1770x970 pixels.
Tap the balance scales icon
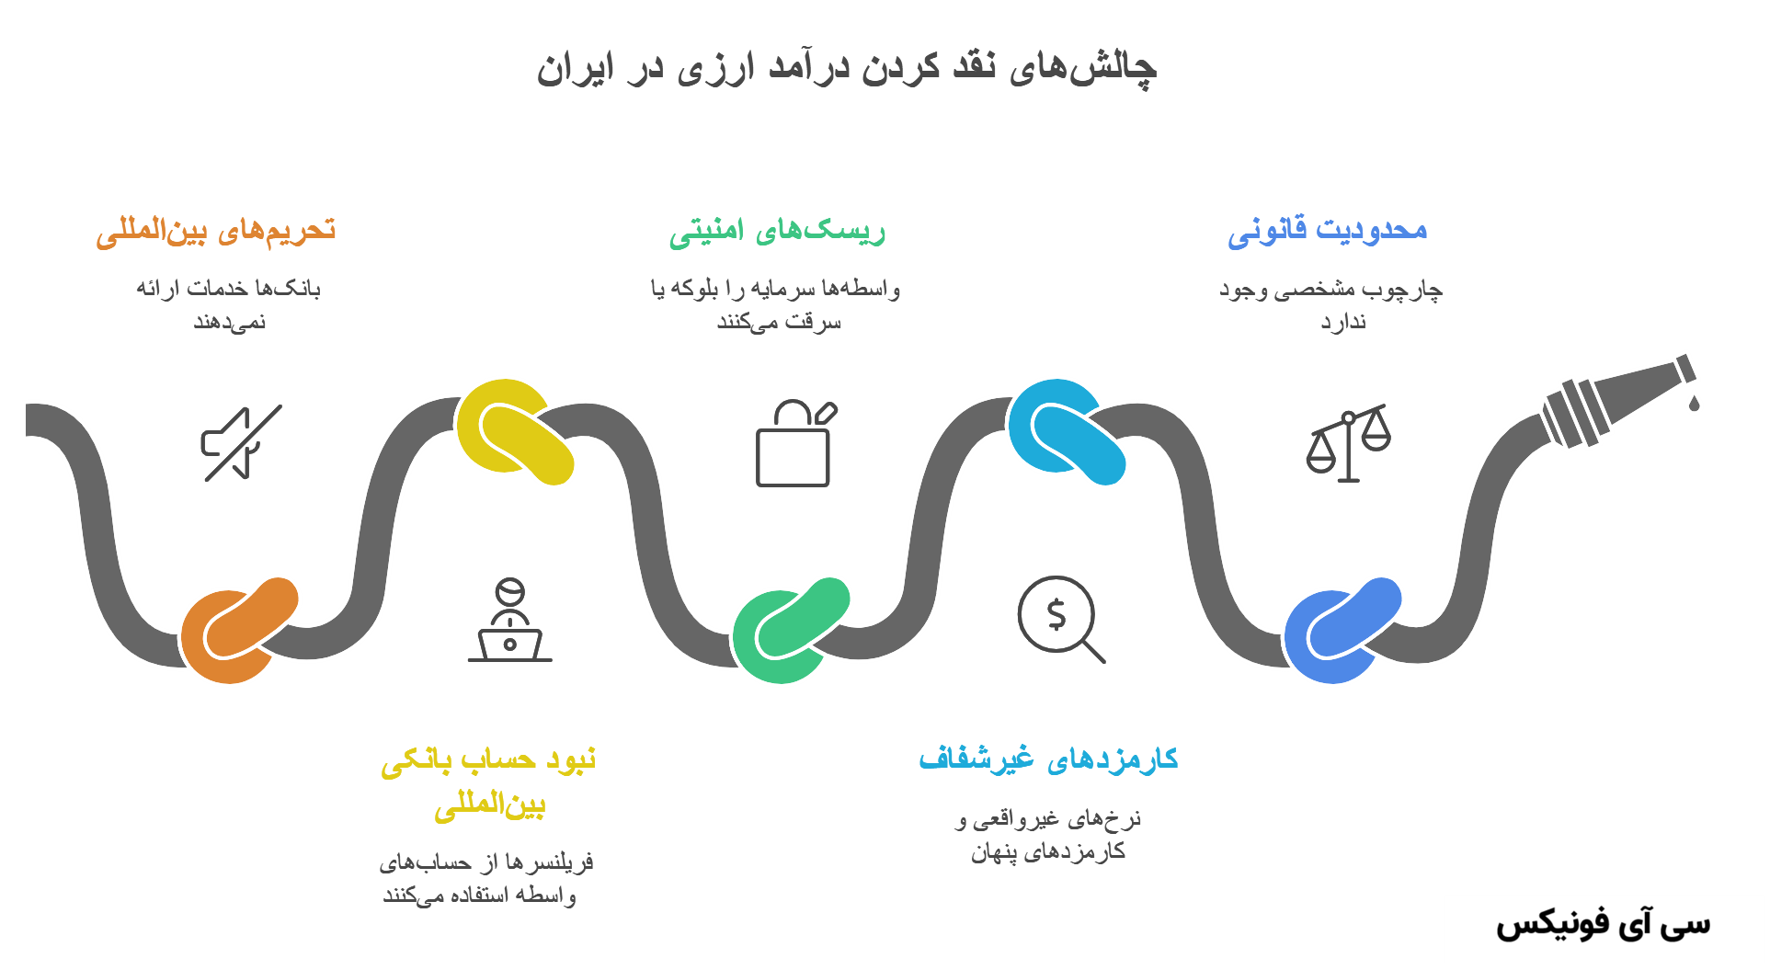[1348, 443]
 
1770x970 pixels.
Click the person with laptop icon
[509, 621]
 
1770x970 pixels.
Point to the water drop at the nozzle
[1694, 402]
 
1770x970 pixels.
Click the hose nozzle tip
[1685, 369]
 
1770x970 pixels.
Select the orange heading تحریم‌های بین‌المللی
[216, 231]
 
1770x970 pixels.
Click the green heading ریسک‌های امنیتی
[777, 231]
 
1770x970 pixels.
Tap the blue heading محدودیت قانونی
[1327, 231]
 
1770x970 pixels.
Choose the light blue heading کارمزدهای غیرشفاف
[1048, 759]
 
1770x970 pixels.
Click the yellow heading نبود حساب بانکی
[488, 760]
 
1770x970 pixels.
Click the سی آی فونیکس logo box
[1604, 929]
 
